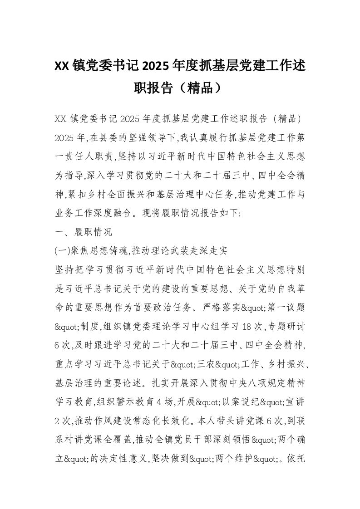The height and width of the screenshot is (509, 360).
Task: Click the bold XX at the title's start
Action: (61, 66)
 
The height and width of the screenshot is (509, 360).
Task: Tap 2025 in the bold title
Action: (155, 66)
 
